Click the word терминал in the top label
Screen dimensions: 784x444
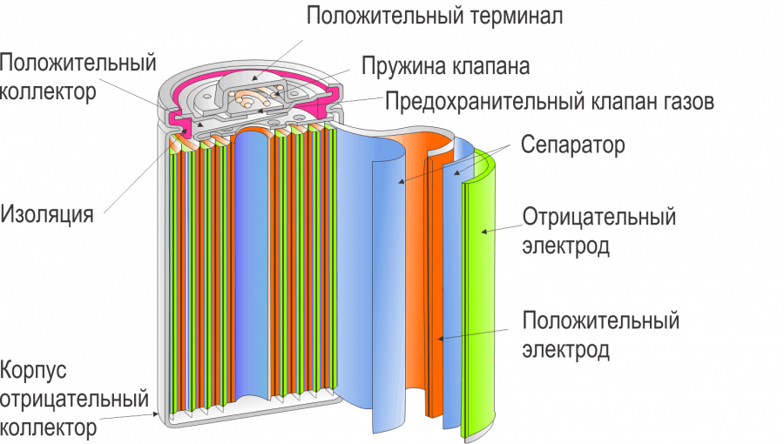tap(515, 16)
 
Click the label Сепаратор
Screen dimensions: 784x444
tap(573, 145)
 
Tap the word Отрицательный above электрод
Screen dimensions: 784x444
tap(599, 218)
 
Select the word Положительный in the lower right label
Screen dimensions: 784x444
tap(600, 320)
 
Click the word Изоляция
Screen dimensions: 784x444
tap(47, 215)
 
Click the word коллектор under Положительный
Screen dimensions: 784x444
tap(48, 92)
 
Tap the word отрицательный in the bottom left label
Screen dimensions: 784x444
tap(75, 399)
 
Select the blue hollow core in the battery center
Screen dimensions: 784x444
tap(253, 265)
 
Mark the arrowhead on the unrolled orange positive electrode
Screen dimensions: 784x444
tap(441, 339)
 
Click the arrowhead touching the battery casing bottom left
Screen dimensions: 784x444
tap(156, 414)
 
